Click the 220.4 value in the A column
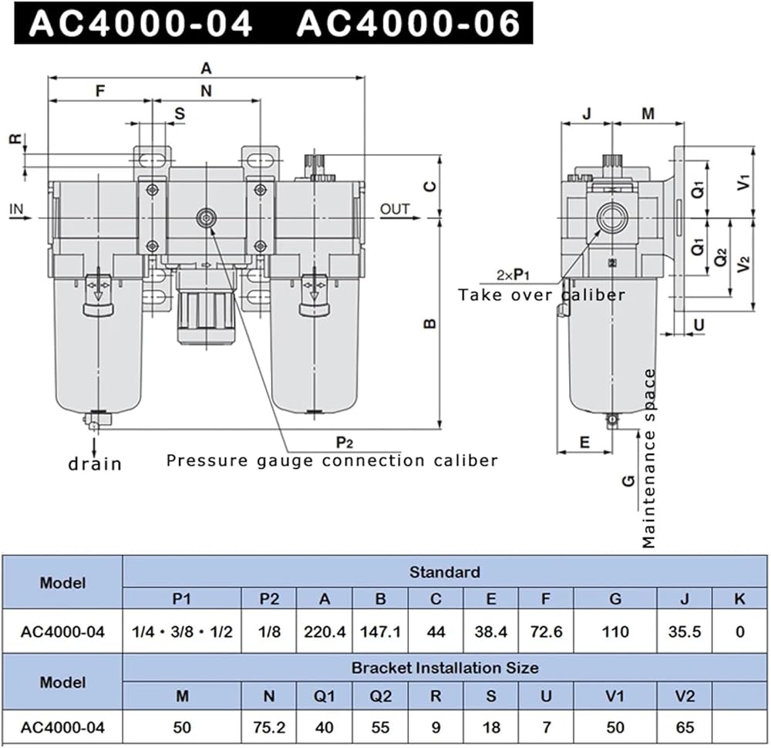(x=325, y=632)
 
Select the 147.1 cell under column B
(x=380, y=632)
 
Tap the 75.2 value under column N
(x=269, y=727)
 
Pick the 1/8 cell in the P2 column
(x=269, y=632)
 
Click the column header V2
(x=685, y=696)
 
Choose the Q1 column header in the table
(x=325, y=696)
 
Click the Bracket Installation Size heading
(x=445, y=668)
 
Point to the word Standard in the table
(x=445, y=572)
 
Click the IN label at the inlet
(x=16, y=209)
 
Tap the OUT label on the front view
(x=395, y=209)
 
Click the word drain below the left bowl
(x=95, y=463)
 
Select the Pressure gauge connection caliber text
(x=332, y=461)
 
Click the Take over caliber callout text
(x=542, y=295)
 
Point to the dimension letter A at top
(x=206, y=69)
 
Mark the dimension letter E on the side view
(x=584, y=442)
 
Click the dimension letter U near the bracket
(x=699, y=325)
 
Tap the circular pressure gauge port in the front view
(x=207, y=217)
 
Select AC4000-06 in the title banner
(x=409, y=24)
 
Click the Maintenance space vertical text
(x=649, y=458)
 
